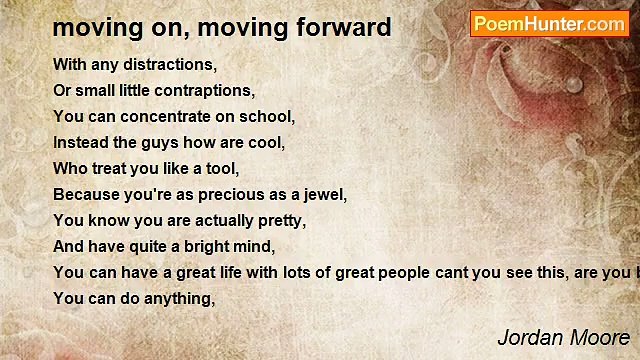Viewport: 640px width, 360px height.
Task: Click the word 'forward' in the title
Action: (344, 27)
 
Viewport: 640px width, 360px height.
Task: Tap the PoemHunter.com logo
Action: (549, 24)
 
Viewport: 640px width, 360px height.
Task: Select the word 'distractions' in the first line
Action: (168, 64)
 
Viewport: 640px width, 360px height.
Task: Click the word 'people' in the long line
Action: (404, 273)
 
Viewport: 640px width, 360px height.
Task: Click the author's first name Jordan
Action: (530, 338)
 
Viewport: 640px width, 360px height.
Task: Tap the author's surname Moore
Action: (600, 338)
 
